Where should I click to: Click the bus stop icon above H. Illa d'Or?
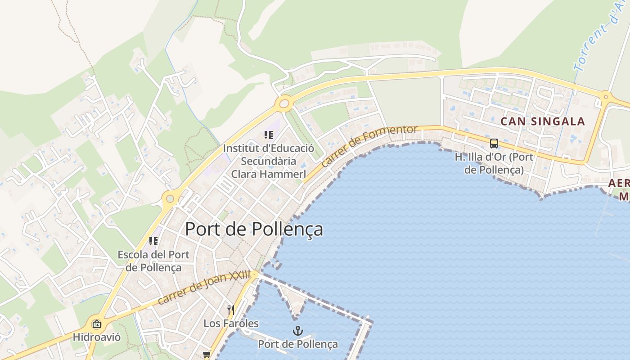494,144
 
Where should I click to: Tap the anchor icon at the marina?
297,331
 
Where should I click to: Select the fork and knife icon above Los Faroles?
231,310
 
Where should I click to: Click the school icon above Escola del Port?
153,241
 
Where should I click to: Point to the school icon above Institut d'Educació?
269,135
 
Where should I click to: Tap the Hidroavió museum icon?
96,324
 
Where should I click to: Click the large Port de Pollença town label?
254,229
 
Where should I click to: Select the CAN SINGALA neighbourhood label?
543,121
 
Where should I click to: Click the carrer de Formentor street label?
369,146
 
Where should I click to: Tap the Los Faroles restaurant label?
231,323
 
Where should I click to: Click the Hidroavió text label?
97,337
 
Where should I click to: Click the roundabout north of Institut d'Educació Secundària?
284,104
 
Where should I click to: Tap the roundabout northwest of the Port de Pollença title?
170,198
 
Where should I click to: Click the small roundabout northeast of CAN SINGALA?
606,96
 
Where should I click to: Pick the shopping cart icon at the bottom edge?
207,355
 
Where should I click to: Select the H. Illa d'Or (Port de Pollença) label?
494,163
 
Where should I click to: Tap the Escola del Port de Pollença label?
153,261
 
